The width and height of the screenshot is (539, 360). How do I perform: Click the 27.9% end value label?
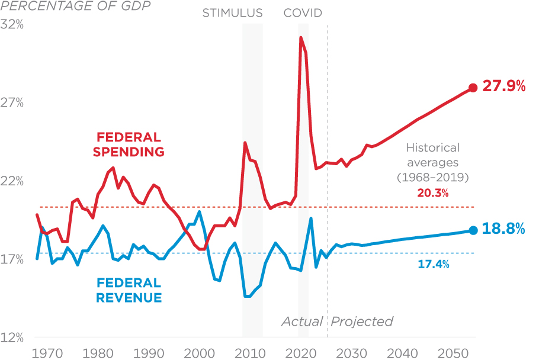(504, 86)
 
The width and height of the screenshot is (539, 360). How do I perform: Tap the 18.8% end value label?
(504, 229)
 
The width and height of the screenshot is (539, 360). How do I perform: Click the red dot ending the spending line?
(473, 88)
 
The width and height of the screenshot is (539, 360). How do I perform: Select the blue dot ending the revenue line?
(473, 230)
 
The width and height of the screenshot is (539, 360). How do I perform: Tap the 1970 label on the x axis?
(47, 353)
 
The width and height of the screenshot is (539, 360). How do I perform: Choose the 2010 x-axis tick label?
(252, 353)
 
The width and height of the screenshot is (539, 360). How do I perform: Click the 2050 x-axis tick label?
(455, 353)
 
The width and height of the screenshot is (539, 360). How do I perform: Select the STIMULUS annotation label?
(232, 13)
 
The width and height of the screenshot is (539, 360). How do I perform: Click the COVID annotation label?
(303, 13)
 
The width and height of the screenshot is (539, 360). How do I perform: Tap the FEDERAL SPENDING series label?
(128, 144)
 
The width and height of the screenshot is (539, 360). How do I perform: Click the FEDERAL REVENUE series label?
(128, 290)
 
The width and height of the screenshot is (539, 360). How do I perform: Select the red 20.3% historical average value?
(432, 193)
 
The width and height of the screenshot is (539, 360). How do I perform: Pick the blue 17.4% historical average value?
(434, 265)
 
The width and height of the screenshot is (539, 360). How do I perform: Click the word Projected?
(362, 322)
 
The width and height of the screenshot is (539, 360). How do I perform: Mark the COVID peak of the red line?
(301, 37)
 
